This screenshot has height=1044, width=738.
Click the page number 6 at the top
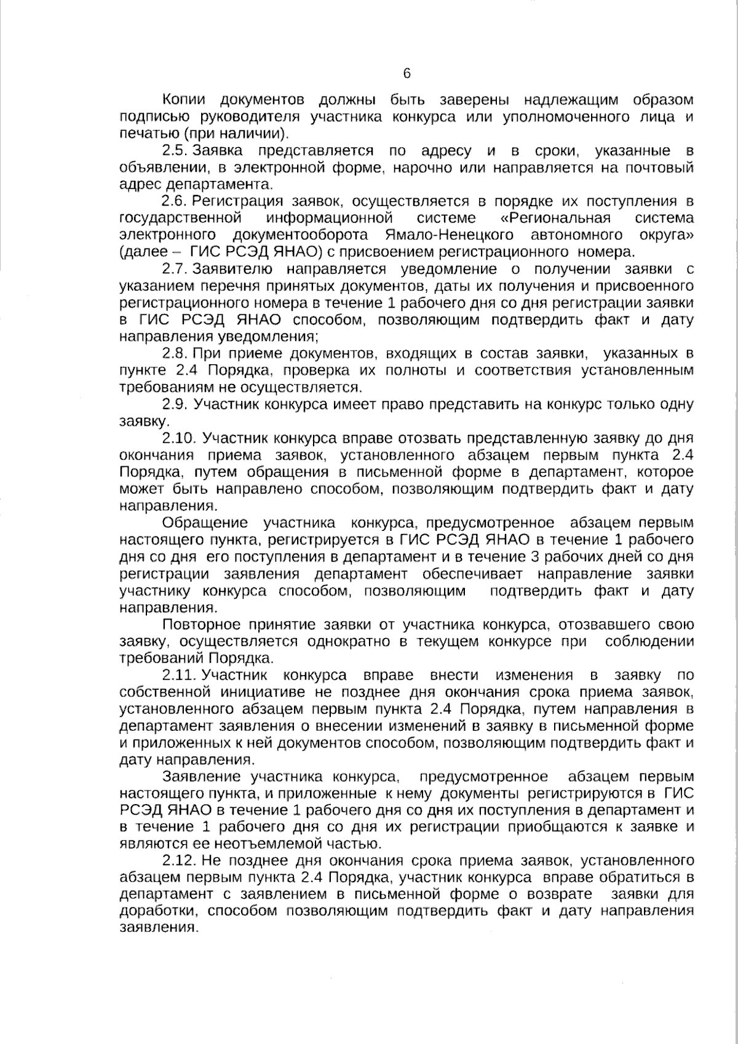(x=407, y=74)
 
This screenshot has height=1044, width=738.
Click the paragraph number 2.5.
(x=175, y=151)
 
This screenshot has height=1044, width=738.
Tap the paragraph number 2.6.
(x=175, y=201)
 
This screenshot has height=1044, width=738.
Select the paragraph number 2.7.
(x=175, y=269)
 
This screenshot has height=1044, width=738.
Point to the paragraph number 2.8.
(x=175, y=353)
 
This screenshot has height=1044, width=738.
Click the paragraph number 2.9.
(x=175, y=404)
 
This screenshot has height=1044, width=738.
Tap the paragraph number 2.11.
(x=178, y=675)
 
